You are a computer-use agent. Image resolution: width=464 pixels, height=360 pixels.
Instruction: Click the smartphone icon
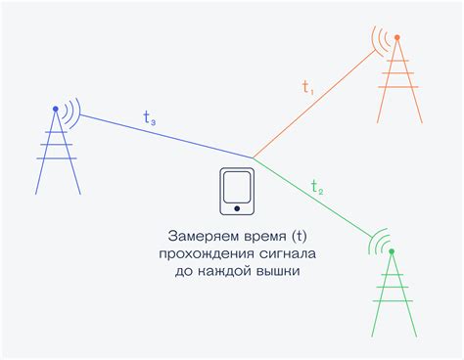point(236,191)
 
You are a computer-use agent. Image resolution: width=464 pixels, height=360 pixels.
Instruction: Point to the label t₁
point(308,87)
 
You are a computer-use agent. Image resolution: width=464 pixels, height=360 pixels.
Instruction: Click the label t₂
point(317,186)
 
